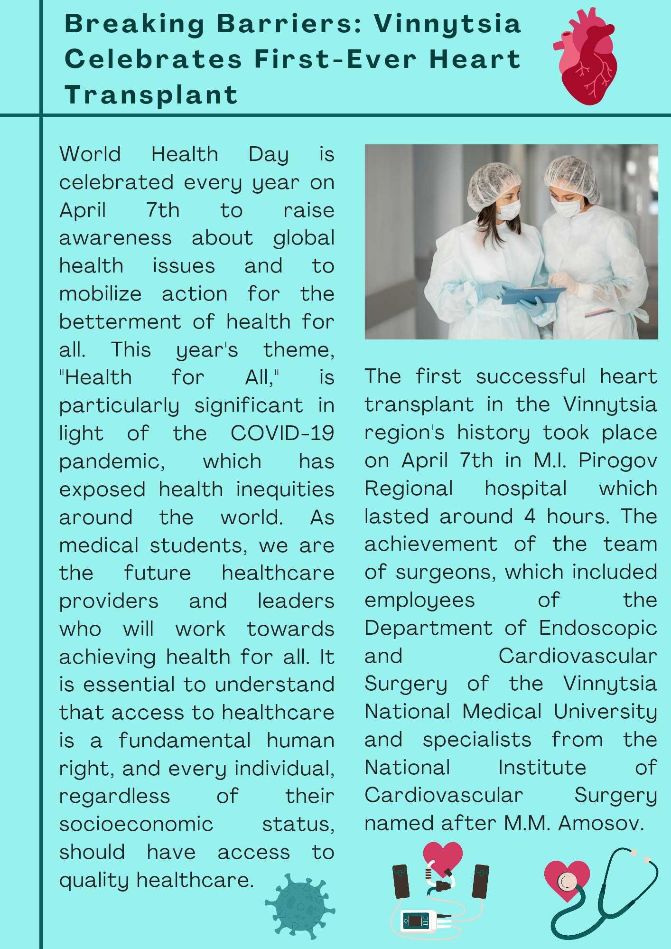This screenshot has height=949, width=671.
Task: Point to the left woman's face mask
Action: pos(508,209)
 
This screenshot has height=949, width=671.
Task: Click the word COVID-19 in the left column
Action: pos(282,433)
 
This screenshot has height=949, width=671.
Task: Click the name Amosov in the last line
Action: pos(601,823)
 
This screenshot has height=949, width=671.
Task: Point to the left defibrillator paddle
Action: pos(401,881)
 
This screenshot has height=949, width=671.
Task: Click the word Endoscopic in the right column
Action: pos(597,628)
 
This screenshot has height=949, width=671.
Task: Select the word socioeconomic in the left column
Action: pos(136,824)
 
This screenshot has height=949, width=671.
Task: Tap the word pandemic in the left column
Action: pos(112,461)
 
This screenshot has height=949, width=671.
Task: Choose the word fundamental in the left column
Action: pos(185,741)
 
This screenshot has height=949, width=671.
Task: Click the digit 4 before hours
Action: pos(530,516)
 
